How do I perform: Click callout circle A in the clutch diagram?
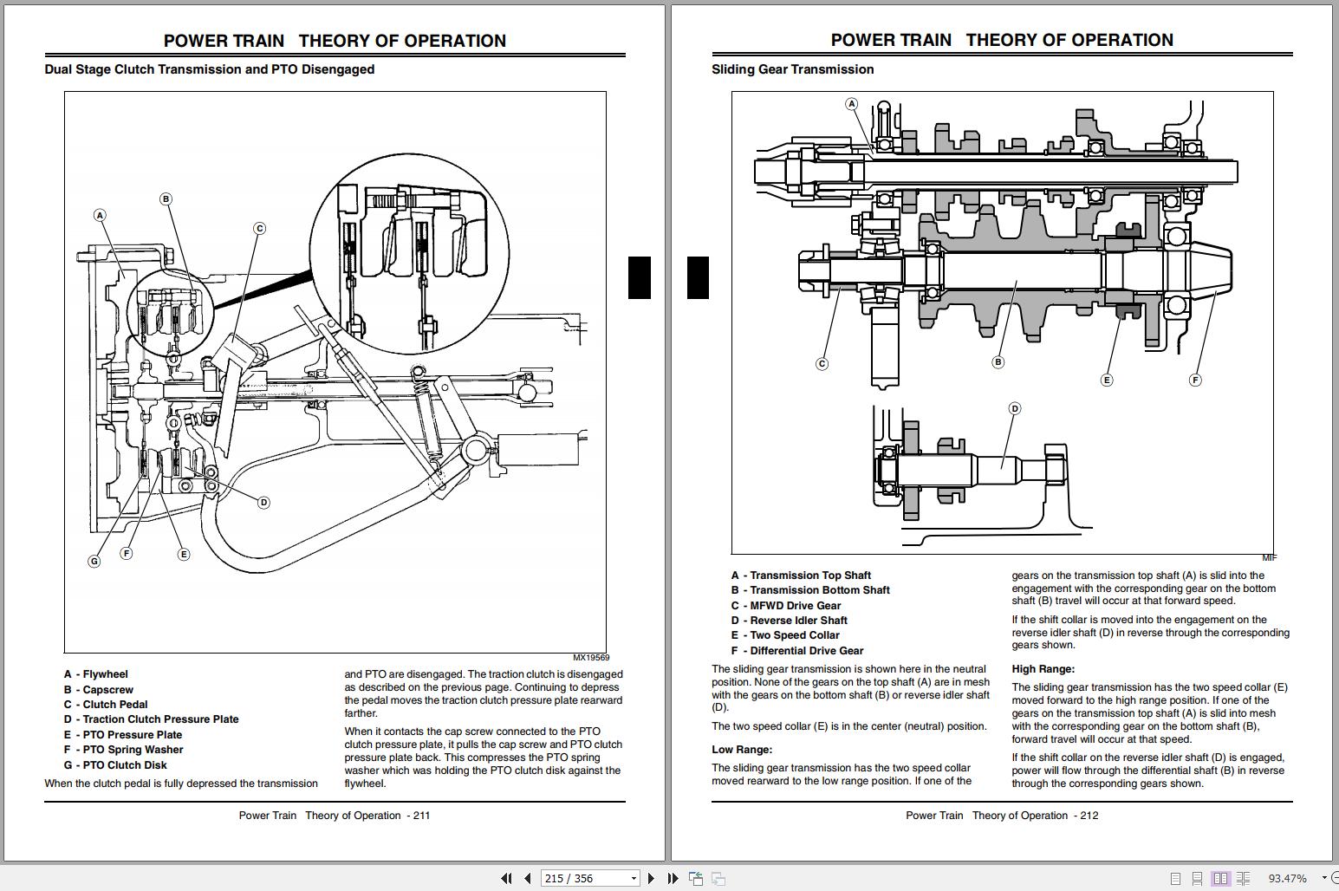coord(101,215)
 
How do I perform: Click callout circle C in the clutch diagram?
coord(259,229)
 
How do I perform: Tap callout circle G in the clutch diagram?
coord(94,561)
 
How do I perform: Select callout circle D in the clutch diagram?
coord(263,502)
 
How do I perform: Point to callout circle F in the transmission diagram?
coord(1195,380)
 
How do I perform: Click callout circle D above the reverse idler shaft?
coord(1015,408)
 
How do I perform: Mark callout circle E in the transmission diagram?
coord(1106,380)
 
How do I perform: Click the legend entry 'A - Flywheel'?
coord(95,674)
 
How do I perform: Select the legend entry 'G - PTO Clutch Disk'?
coord(115,765)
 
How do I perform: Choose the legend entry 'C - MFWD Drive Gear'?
coord(786,606)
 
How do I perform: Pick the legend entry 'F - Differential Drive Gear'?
coord(797,651)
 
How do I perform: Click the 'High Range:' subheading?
coord(1043,669)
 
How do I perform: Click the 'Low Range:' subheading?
coord(742,750)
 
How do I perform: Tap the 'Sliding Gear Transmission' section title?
coord(792,69)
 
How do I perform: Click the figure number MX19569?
coord(590,658)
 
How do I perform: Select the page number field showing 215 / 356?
coord(589,878)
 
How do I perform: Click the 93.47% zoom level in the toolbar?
coord(1287,878)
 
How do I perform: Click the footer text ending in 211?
coord(335,816)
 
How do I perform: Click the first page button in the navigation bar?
coord(506,878)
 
